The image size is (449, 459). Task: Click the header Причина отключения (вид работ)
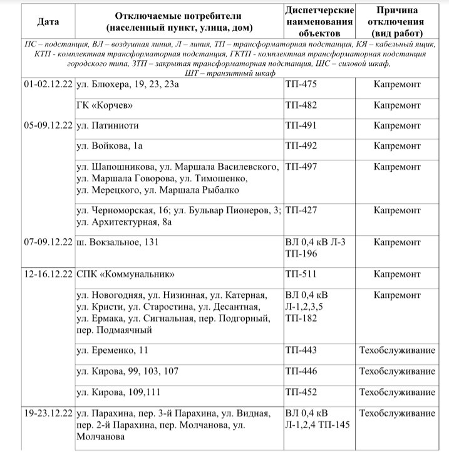(397, 22)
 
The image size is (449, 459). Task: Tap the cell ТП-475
(301, 84)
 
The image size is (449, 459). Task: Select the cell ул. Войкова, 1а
(110, 146)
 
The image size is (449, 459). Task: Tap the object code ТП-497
(301, 167)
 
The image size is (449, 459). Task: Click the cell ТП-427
(301, 210)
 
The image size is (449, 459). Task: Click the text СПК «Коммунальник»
(124, 275)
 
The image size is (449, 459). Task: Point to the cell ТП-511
(301, 275)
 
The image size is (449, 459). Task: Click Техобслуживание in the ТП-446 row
(397, 372)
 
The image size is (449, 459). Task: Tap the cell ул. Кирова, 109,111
(117, 393)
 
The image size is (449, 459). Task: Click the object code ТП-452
(301, 393)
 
